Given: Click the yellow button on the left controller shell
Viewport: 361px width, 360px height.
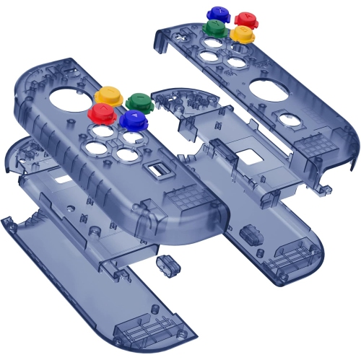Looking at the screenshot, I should [108, 95].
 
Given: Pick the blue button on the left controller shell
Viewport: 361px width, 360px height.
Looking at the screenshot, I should [134, 119].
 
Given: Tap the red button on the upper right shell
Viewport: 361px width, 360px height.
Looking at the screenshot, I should [245, 19].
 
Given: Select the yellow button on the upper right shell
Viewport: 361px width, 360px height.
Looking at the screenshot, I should [242, 34].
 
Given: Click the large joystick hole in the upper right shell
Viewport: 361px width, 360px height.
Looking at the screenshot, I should [266, 91].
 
